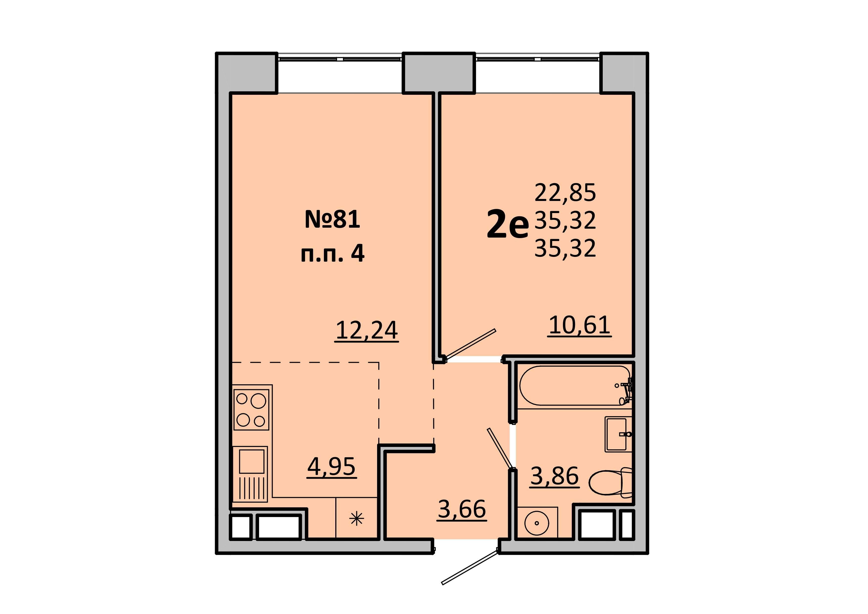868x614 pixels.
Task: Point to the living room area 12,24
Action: (x=367, y=330)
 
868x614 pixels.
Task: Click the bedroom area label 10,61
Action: (x=579, y=325)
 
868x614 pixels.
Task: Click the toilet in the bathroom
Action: (x=611, y=482)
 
